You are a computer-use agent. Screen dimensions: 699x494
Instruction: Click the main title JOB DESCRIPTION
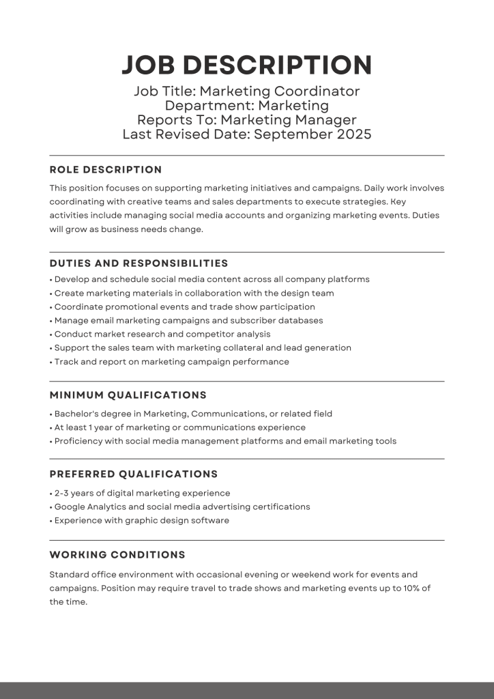246,65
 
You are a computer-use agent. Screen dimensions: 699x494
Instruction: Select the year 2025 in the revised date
353,134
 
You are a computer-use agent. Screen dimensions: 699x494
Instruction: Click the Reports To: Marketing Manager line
246,120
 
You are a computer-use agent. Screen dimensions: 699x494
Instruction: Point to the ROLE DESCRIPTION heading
106,170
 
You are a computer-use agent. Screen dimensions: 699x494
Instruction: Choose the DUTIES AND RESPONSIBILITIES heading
139,263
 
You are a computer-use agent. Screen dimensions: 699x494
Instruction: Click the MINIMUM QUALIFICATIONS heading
128,395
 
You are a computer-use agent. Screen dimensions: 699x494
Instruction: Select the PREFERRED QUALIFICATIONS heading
134,474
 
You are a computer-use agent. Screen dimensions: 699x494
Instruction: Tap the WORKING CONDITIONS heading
117,555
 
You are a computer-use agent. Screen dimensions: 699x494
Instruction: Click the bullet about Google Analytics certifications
181,507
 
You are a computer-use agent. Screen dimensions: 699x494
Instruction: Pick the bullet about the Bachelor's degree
191,414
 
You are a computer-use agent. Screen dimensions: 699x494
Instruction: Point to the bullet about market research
162,334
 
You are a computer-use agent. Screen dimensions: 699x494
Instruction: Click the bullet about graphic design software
141,520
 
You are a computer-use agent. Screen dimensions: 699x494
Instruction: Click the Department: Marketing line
246,106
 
